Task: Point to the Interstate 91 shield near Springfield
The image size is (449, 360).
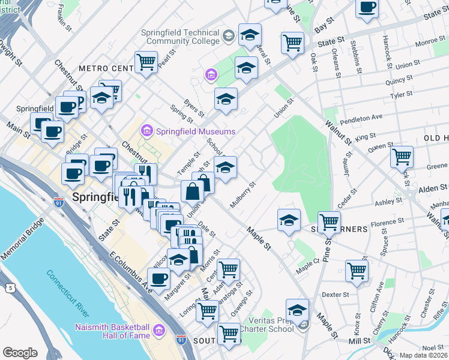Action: click(59, 203)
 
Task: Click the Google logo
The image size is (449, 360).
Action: click(20, 353)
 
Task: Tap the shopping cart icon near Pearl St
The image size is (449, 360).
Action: click(146, 61)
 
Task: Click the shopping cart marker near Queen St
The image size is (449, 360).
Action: click(402, 157)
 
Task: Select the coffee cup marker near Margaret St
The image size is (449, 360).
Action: click(159, 278)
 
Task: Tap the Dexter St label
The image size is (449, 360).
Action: click(335, 295)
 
